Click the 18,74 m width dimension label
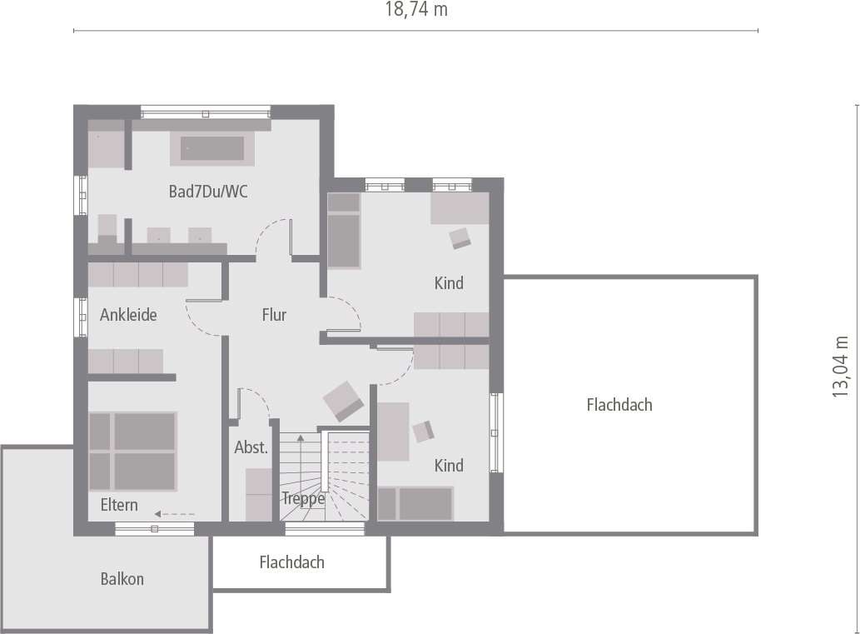(x=416, y=10)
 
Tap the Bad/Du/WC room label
(x=208, y=192)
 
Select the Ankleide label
(x=128, y=315)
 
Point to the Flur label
(x=274, y=315)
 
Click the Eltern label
(x=119, y=505)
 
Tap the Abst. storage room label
(x=251, y=447)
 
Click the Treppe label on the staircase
(x=303, y=498)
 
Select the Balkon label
(x=122, y=578)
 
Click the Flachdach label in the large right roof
(x=619, y=405)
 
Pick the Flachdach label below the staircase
(x=291, y=562)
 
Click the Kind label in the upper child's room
(x=449, y=283)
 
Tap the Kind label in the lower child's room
(x=449, y=465)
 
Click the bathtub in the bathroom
(x=214, y=148)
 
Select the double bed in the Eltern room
(x=132, y=451)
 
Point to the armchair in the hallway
(x=343, y=401)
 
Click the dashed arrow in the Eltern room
(x=174, y=514)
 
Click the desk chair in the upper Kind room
(x=460, y=238)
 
